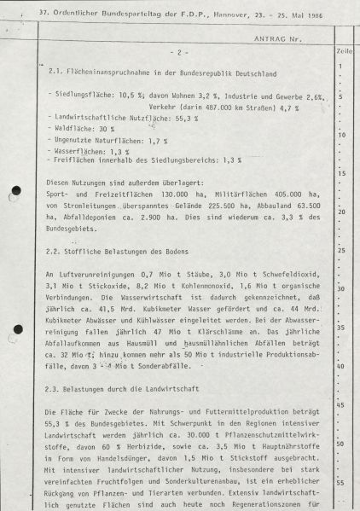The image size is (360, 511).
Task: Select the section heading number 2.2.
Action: (57, 252)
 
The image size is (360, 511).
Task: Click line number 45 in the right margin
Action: (341, 402)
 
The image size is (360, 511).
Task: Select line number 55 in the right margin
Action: (341, 482)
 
